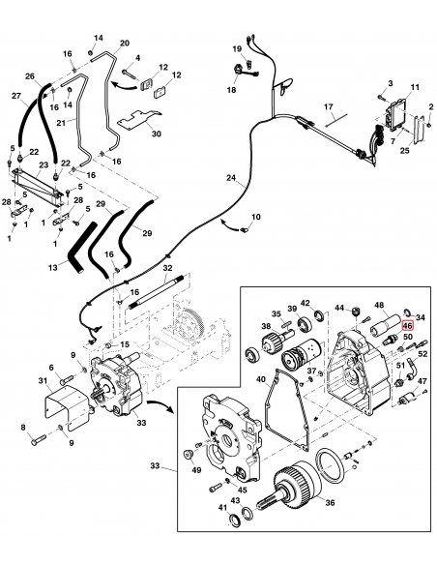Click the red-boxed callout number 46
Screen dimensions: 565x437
click(408, 326)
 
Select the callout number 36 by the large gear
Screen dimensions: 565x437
click(329, 502)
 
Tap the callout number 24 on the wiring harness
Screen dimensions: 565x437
click(231, 178)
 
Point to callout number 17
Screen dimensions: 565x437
click(328, 105)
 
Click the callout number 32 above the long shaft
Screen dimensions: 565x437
click(167, 268)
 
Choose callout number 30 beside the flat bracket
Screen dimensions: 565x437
click(157, 134)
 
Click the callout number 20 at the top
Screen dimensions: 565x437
click(124, 44)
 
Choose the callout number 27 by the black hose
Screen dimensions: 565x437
click(16, 95)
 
